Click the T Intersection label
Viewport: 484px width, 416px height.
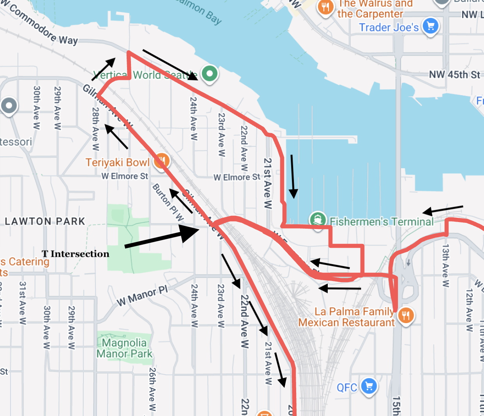coord(76,254)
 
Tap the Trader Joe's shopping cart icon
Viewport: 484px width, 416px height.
coord(430,26)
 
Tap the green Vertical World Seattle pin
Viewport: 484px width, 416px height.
coord(210,73)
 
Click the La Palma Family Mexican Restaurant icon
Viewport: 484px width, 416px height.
coord(406,315)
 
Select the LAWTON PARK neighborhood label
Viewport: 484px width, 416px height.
coord(45,222)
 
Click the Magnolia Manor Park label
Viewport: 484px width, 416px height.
coord(124,348)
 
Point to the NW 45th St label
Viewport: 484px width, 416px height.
coord(454,75)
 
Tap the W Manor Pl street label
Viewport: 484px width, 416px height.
coord(142,295)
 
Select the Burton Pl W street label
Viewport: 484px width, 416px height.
coord(168,203)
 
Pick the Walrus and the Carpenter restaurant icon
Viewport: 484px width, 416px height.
coord(325,7)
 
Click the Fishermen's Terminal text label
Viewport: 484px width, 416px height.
coord(382,222)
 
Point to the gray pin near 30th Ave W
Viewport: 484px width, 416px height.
coord(9,105)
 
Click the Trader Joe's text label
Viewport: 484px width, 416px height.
coord(389,27)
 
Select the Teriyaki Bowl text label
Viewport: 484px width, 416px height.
coord(117,162)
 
